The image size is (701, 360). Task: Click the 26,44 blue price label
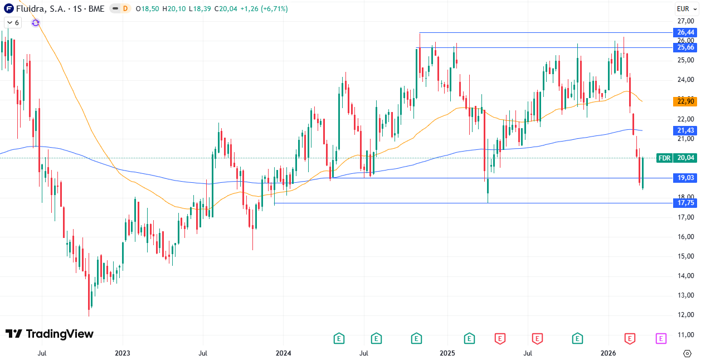pos(685,32)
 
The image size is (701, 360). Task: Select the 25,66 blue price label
pos(685,47)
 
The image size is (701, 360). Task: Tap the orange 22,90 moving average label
pos(685,101)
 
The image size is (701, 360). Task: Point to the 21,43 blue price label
pos(685,130)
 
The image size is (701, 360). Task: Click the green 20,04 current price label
pos(685,158)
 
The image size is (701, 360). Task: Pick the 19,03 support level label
pos(685,178)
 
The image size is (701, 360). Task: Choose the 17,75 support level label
pos(685,203)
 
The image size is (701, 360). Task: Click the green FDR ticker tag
pos(664,158)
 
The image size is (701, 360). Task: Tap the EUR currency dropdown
pos(684,8)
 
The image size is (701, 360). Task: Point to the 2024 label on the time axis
pos(283,353)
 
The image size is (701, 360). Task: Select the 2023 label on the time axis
pos(122,353)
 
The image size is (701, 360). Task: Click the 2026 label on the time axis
pos(608,353)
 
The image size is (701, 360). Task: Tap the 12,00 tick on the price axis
pos(685,315)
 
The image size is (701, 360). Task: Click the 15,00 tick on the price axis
pos(685,256)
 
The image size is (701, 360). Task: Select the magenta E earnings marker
pos(661,338)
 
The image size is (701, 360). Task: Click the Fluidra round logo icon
pos(9,8)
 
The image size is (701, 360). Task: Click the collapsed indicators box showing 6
pos(12,22)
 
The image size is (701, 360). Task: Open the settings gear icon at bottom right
pos(687,353)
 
